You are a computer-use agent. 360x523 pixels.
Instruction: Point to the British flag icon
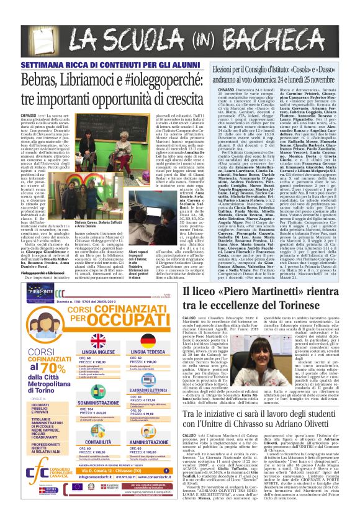pyautogui.click(x=99, y=341)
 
